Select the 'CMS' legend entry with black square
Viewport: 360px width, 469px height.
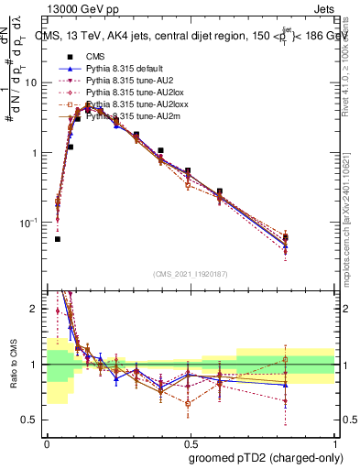(107, 57)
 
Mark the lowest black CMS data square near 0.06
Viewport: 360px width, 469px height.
(58, 239)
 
